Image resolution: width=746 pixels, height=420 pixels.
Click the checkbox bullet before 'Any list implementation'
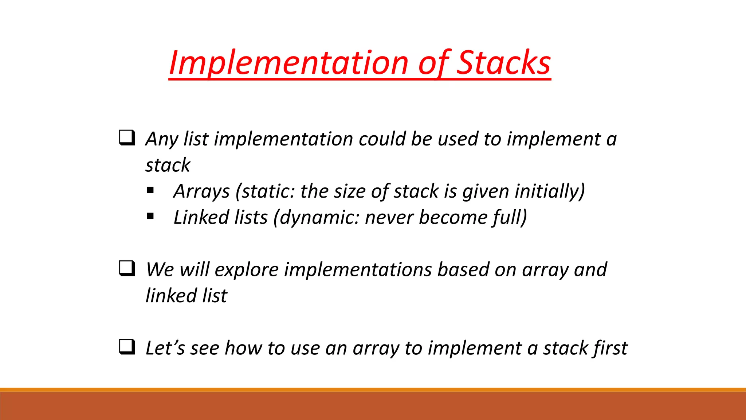(127, 138)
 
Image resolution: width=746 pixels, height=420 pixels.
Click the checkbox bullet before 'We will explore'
(127, 269)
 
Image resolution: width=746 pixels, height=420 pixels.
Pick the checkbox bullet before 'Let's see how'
(127, 347)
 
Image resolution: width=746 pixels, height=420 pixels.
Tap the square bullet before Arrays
(150, 190)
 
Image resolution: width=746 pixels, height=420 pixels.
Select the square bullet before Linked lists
(150, 217)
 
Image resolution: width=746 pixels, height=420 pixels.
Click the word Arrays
(201, 191)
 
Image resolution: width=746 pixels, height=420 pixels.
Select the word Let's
(165, 348)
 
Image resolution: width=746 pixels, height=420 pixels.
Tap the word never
(389, 218)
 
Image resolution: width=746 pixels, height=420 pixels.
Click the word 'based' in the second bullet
(463, 270)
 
